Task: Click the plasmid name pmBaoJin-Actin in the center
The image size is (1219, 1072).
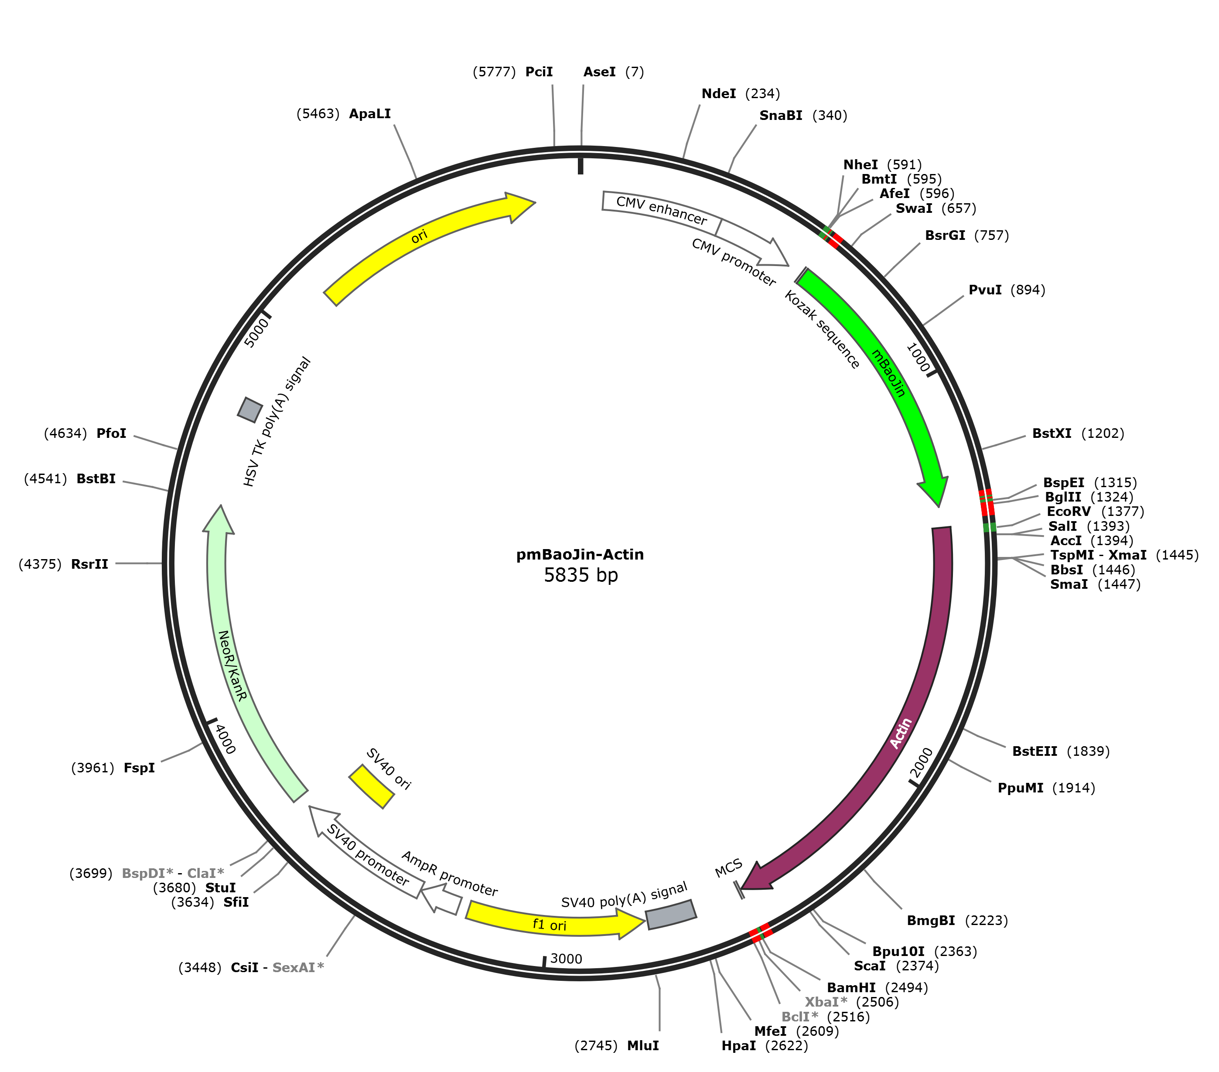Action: tap(580, 554)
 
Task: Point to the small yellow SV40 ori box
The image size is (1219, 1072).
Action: tap(371, 787)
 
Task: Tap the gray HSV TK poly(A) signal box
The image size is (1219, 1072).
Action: tap(250, 410)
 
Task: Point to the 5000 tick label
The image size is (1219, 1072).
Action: tap(256, 333)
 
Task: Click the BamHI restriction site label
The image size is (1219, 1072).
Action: tap(851, 988)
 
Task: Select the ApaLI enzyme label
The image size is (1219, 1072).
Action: tap(370, 114)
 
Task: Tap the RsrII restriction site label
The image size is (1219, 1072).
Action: tap(89, 564)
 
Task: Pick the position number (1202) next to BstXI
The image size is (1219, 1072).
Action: tap(1103, 434)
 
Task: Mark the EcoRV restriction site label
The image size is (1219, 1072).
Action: tap(1069, 512)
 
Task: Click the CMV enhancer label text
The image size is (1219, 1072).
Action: tap(661, 211)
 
